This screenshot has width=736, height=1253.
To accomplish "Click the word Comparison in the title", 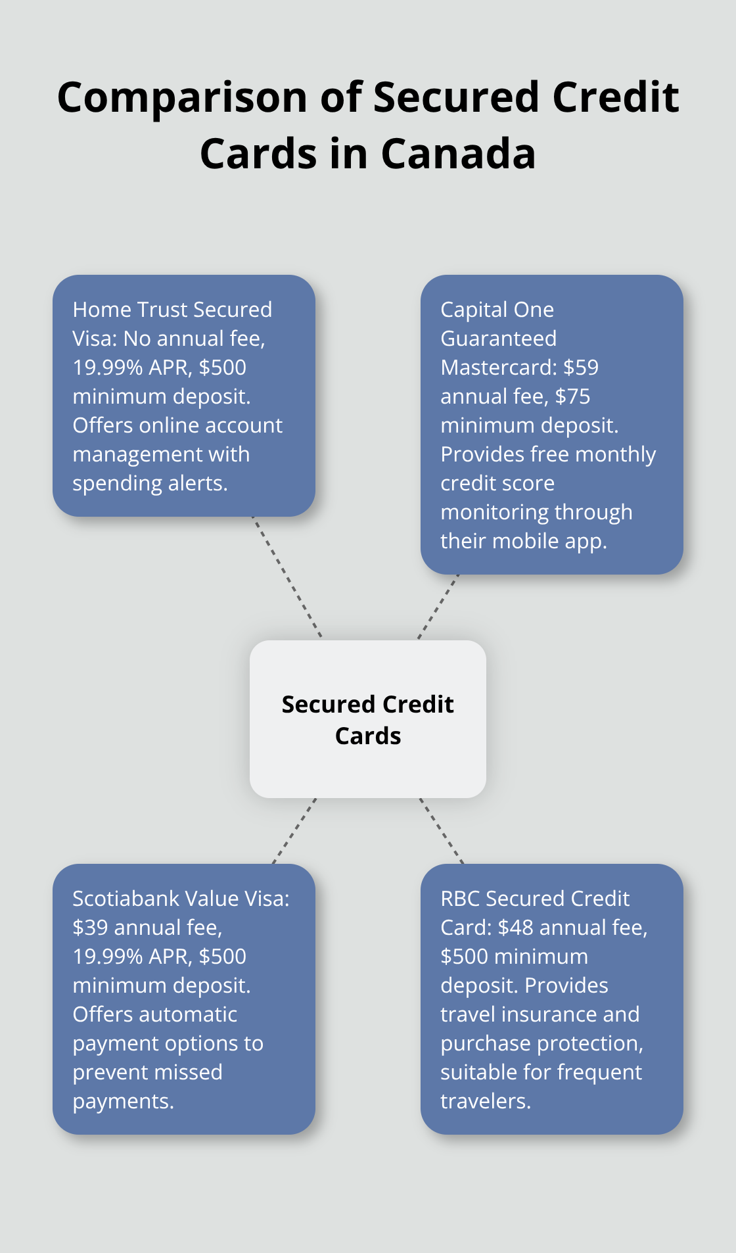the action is tap(183, 98).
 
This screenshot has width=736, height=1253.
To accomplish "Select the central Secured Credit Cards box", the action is tap(368, 719).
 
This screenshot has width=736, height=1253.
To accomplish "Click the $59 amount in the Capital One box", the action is tap(581, 367).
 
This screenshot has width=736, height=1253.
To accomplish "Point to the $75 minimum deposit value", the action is tap(572, 396).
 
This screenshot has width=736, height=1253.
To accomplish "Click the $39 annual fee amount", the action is tap(90, 928).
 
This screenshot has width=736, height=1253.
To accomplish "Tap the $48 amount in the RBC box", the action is tap(516, 928).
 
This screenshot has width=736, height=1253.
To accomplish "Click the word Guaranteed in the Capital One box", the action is tap(499, 339).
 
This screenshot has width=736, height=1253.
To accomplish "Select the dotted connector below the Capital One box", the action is tap(438, 607).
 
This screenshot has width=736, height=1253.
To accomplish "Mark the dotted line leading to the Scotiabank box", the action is tap(294, 831).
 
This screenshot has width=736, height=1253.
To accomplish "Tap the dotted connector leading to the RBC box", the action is tap(442, 831).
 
